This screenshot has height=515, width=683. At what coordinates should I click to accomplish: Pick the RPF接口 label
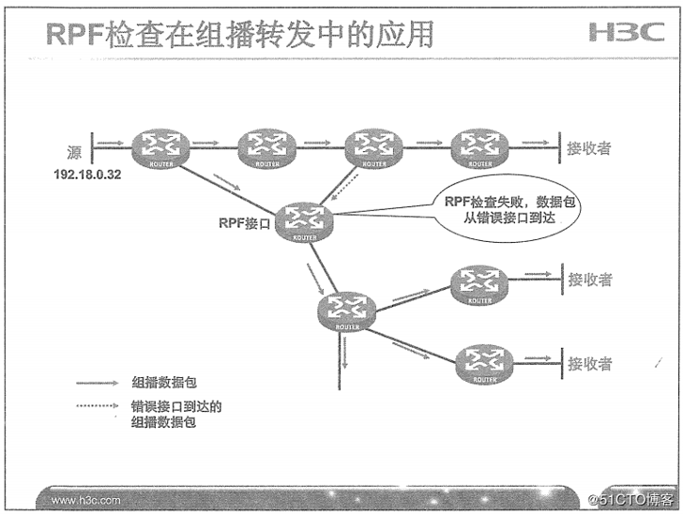pyautogui.click(x=245, y=224)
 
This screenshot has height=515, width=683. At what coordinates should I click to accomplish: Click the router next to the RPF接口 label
pyautogui.click(x=305, y=222)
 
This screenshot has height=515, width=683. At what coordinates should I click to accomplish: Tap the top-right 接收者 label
pyautogui.click(x=589, y=147)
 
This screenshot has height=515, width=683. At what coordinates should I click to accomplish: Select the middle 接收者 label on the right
pyautogui.click(x=589, y=280)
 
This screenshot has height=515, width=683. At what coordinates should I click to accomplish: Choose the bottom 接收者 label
pyautogui.click(x=589, y=363)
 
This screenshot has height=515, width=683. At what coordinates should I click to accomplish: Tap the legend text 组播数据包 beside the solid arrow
pyautogui.click(x=159, y=383)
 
